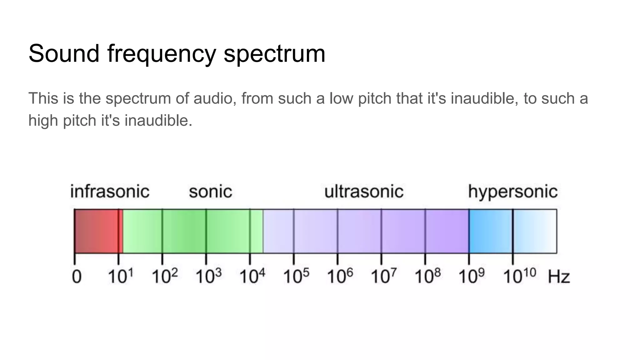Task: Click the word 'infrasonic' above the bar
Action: (110, 192)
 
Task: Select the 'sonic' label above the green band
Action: (210, 192)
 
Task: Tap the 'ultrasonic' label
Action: (364, 192)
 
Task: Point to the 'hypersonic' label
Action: (512, 192)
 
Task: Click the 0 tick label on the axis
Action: (77, 277)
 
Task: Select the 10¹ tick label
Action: (121, 276)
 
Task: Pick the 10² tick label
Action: (165, 276)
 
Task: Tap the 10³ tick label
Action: (208, 276)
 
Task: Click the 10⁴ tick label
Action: (252, 276)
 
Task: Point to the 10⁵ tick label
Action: (296, 276)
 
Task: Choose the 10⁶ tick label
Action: (340, 276)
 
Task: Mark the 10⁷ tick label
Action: (384, 276)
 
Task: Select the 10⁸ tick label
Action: (427, 276)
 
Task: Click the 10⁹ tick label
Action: (472, 276)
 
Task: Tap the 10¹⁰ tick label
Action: (519, 276)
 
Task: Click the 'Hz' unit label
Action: (559, 277)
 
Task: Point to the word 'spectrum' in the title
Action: (274, 54)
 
